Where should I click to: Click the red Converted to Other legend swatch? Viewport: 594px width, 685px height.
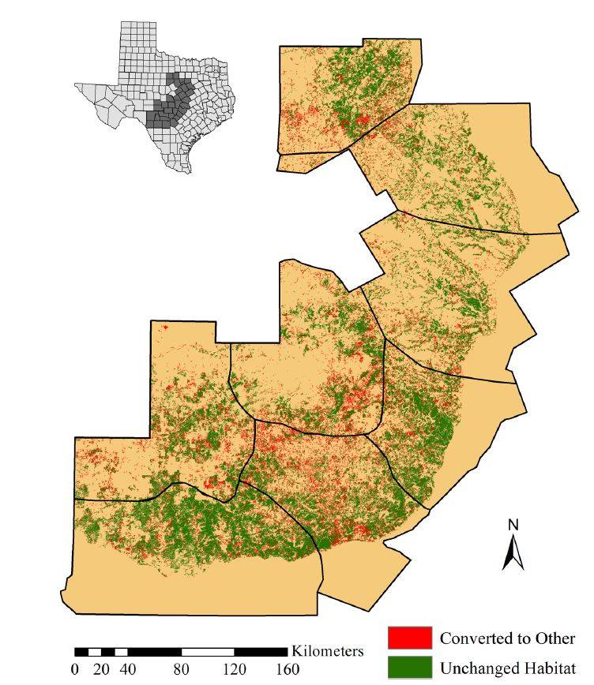409,638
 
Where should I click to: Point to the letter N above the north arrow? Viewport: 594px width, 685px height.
513,524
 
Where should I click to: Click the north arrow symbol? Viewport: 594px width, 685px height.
513,552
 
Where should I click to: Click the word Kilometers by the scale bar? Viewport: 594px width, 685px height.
328,651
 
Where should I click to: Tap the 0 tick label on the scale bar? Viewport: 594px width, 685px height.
75,670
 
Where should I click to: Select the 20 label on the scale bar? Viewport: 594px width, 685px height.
101,670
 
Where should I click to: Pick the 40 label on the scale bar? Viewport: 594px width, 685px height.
128,670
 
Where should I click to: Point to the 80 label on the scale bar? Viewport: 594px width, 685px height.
181,670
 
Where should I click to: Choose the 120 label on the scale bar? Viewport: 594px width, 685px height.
234,670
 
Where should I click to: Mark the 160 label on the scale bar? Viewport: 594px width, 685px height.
287,670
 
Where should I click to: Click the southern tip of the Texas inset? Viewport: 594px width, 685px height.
188,171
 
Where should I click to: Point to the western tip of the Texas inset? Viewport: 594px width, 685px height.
77,85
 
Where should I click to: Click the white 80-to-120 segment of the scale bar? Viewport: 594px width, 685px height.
208,652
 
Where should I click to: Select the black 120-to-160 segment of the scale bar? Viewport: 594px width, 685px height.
261,652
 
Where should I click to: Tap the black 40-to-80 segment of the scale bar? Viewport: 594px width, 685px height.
155,652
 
